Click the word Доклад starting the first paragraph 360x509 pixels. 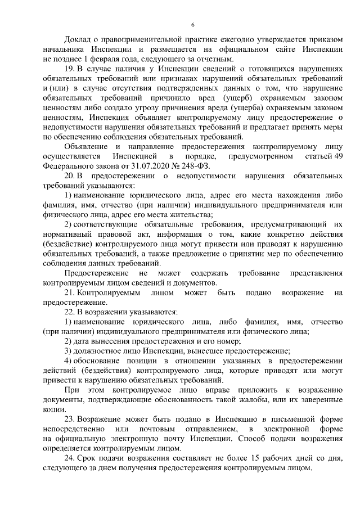tap(79, 42)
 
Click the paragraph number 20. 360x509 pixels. tap(70, 178)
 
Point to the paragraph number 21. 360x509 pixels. tap(70, 293)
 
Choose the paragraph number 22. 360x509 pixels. tap(70, 312)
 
